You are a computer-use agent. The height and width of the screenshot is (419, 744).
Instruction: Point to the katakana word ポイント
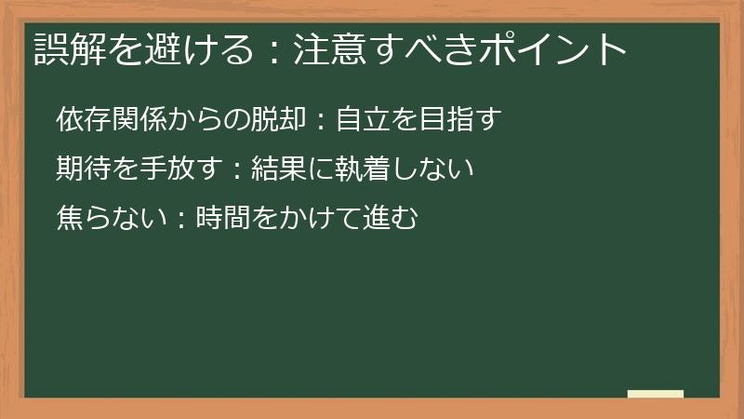point(557,48)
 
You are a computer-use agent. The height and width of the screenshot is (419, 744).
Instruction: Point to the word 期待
point(81,169)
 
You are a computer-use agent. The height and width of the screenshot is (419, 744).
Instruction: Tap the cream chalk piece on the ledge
point(655,394)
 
